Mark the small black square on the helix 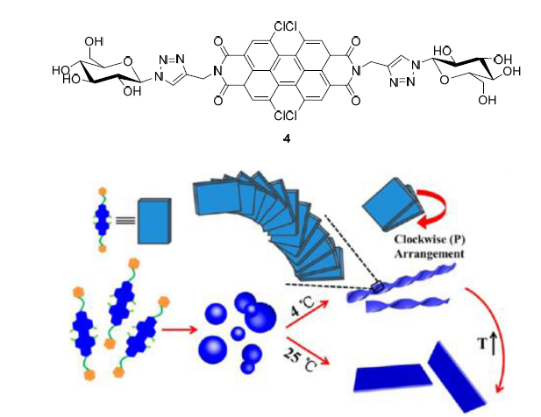(376, 286)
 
